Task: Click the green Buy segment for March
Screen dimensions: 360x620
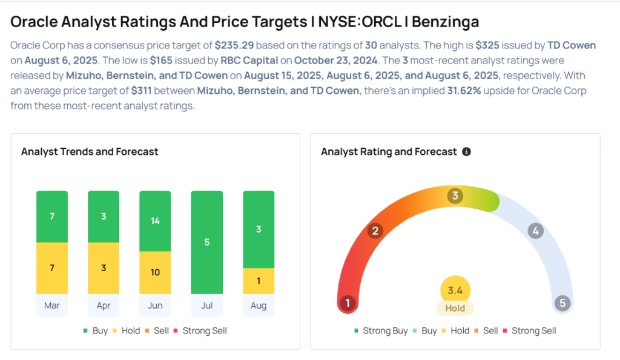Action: [52, 217]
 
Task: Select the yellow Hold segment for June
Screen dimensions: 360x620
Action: [155, 272]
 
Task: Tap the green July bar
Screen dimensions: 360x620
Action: [206, 242]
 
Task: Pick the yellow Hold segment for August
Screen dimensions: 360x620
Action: [259, 281]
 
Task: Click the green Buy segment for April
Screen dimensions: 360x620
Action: [104, 217]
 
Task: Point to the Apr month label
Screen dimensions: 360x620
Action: [104, 306]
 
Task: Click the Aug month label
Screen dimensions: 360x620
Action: [259, 306]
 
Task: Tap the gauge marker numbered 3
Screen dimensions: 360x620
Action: [455, 196]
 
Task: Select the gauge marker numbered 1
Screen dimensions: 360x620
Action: [348, 303]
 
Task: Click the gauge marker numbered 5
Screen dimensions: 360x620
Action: [562, 303]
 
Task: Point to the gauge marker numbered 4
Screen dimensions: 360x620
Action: [535, 231]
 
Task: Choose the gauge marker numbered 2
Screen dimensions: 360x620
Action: [375, 231]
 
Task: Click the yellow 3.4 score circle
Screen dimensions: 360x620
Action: [455, 290]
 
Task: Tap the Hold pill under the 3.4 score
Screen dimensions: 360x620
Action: [455, 309]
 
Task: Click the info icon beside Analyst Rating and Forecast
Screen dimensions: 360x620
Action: [466, 152]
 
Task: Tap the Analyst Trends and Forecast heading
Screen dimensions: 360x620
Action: [90, 152]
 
